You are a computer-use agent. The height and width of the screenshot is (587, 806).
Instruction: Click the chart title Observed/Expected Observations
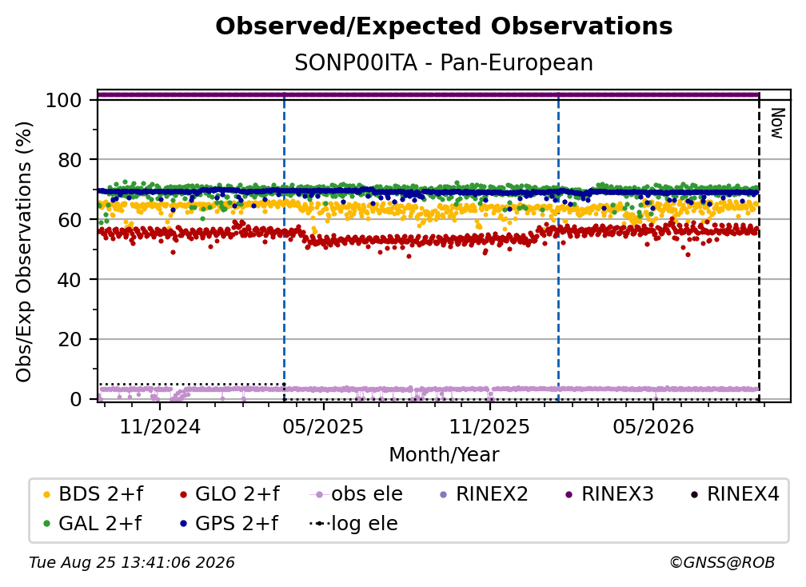444,26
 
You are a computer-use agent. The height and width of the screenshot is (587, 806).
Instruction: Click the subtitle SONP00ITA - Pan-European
444,62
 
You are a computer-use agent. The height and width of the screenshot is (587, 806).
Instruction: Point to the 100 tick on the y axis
64,100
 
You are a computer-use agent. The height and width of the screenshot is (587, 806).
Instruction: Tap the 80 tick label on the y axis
70,160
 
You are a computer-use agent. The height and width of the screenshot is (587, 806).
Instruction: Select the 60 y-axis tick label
70,219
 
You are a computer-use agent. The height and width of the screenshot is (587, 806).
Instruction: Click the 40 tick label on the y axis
70,280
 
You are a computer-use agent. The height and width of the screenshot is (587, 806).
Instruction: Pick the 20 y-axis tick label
70,339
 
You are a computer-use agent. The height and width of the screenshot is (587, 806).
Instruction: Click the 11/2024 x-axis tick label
160,426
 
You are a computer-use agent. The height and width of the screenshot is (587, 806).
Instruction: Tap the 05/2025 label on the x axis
323,426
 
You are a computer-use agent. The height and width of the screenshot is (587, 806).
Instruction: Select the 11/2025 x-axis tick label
489,426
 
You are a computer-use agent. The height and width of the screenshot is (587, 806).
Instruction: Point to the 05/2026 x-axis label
652,426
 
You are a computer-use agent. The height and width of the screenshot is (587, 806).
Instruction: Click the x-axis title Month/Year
444,454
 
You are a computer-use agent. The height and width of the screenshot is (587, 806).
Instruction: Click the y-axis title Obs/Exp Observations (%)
24,252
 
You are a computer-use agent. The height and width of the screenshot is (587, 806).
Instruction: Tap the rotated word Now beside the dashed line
777,123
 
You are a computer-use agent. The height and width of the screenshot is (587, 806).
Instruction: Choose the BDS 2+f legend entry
93,494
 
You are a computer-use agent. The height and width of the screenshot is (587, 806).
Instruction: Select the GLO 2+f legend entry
229,494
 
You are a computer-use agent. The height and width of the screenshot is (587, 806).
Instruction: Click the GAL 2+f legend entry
92,523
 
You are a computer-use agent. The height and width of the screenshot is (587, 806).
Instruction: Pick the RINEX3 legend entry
609,494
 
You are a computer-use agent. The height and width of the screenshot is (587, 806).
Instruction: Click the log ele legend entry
353,523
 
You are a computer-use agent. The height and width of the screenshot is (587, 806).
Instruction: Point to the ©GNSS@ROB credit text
722,562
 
